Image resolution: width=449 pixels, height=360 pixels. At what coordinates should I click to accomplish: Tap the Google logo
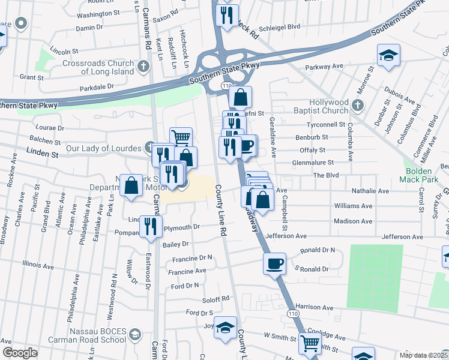tap(20, 353)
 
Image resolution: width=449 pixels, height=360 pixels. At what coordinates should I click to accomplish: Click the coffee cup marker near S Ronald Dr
tap(275, 263)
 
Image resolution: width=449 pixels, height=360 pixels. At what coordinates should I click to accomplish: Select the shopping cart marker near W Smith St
tap(310, 344)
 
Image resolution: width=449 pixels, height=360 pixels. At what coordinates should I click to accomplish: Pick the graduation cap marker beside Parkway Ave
tap(388, 56)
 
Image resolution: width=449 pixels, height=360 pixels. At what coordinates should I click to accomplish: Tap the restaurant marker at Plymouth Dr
tap(151, 226)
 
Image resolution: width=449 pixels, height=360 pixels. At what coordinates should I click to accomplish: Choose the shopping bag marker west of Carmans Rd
tap(131, 185)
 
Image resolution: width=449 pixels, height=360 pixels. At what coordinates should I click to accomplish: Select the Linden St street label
tap(42, 154)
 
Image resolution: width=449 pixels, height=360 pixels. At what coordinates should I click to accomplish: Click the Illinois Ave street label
tap(38, 264)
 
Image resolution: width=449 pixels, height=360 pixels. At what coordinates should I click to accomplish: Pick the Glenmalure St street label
tap(322, 162)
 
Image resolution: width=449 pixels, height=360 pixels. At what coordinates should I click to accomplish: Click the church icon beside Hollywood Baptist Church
tap(358, 106)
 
